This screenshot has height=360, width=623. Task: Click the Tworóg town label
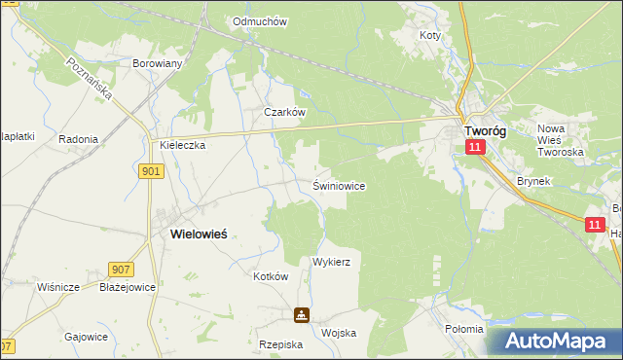pyautogui.click(x=484, y=130)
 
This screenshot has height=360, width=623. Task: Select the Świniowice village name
pyautogui.click(x=339, y=185)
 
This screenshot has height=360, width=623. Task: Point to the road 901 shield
pyautogui.click(x=151, y=171)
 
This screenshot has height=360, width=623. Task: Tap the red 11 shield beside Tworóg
pyautogui.click(x=474, y=147)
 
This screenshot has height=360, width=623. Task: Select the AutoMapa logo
pyautogui.click(x=555, y=342)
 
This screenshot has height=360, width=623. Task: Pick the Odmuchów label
pyautogui.click(x=260, y=21)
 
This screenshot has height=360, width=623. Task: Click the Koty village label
pyautogui.click(x=429, y=35)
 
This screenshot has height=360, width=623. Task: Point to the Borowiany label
pyautogui.click(x=157, y=63)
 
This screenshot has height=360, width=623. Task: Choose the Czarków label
pyautogui.click(x=286, y=112)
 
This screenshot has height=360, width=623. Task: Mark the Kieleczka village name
pyautogui.click(x=183, y=145)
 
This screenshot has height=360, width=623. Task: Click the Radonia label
pyautogui.click(x=78, y=139)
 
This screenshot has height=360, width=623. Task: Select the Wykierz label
pyautogui.click(x=331, y=263)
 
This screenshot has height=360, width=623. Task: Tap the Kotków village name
pyautogui.click(x=272, y=276)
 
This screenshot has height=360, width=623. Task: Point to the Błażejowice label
pyautogui.click(x=128, y=287)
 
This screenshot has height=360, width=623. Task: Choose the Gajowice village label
pyautogui.click(x=86, y=336)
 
